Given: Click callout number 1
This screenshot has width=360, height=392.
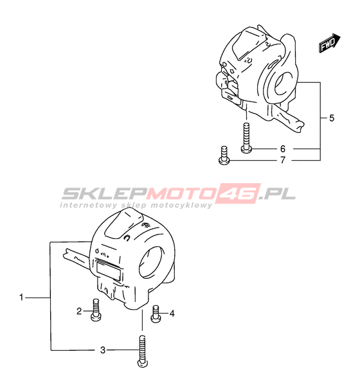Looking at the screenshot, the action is (21, 298).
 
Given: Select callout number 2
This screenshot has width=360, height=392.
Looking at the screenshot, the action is (79, 311).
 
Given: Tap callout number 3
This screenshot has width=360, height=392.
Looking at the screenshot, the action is (103, 350).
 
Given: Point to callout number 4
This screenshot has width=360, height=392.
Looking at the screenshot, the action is (172, 313).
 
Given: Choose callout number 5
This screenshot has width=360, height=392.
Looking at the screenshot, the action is (332, 118).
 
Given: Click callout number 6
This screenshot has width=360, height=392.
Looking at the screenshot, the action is (283, 149).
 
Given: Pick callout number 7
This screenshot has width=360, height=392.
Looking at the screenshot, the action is (283, 160).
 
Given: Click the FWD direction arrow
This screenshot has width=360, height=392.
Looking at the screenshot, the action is (330, 43).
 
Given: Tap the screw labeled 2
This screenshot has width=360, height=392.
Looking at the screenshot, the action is (96, 310).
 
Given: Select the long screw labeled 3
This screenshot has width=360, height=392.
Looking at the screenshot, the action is (142, 352).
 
